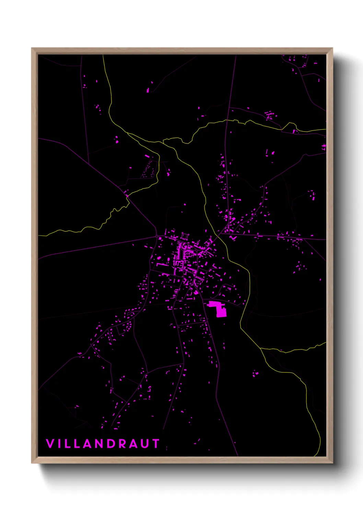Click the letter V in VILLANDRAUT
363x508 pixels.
(50, 443)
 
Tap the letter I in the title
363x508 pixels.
(59, 443)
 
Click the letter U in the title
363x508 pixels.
(145, 443)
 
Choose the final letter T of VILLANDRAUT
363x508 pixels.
(156, 443)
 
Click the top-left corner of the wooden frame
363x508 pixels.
(32, 48)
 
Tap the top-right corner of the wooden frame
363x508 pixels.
(332, 48)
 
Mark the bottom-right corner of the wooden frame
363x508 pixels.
(332, 463)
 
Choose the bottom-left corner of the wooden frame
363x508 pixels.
(32, 463)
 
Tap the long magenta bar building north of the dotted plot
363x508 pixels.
(147, 157)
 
